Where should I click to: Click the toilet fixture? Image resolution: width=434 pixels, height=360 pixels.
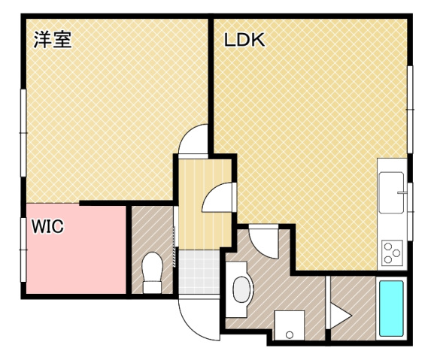coord(153,272)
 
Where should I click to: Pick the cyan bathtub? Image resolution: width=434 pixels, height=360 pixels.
coord(390,308)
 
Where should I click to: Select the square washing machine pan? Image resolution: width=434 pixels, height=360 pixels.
coord(288,325)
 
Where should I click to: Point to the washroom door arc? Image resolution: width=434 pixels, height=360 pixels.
coord(263,240)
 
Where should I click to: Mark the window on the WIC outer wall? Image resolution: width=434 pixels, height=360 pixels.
coord(23,249)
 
